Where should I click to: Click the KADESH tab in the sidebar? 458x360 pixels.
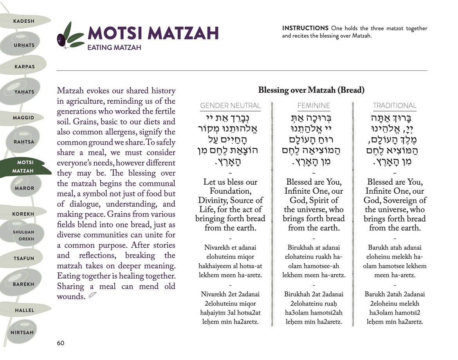coord(23,21)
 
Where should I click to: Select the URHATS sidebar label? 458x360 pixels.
coord(24,45)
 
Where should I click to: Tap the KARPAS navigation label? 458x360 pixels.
coord(25,67)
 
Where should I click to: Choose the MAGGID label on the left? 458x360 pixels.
coord(23,118)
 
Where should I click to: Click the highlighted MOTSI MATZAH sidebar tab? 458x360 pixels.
coord(25,167)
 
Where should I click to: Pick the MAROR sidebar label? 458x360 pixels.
coord(24,188)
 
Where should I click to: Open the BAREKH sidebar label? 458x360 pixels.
coord(23,284)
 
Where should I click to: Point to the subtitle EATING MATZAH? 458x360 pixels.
coord(114,48)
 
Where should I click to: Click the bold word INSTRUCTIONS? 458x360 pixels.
coord(305,28)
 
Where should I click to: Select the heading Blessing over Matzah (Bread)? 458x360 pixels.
coord(311,90)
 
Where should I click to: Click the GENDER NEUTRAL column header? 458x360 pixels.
coord(230,106)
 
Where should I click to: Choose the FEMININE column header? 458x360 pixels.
coord(314,106)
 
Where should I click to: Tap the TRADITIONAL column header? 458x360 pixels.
coord(395,106)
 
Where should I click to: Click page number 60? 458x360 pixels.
coord(61,343)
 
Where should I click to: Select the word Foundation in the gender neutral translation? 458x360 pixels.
coord(230,191)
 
